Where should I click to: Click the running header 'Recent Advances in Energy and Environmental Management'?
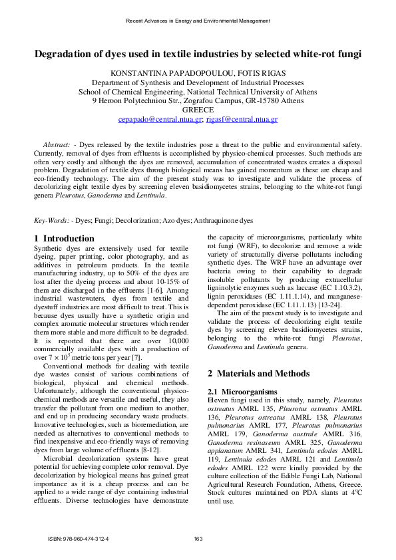198,21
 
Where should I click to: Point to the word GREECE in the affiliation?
198,110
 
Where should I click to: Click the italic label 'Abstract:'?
57,144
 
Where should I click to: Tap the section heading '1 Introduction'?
64,239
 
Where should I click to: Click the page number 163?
198,538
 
